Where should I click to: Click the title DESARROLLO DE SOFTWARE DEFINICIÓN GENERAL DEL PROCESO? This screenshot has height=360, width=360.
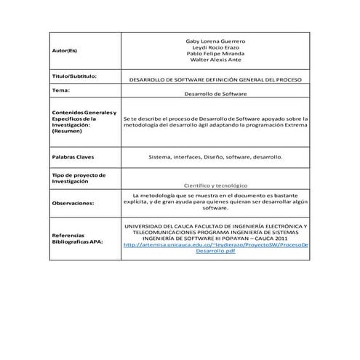[x=216, y=79]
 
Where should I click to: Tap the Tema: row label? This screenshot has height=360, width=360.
[x=61, y=91]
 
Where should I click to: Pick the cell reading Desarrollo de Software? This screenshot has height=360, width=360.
[x=216, y=95]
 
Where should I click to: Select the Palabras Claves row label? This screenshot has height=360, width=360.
[x=73, y=157]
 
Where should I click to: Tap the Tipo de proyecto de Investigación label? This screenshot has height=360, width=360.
[x=80, y=178]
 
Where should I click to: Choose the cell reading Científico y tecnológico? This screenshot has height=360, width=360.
[x=216, y=185]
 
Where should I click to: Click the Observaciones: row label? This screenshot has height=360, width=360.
[x=73, y=204]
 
